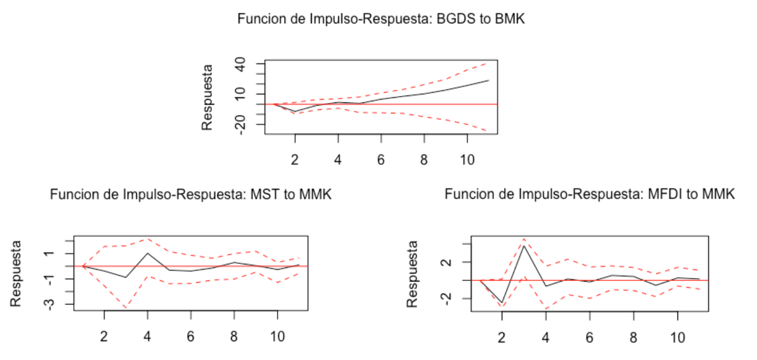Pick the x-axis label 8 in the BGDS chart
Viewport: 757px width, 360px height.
point(424,159)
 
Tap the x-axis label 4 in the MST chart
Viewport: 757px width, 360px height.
point(148,335)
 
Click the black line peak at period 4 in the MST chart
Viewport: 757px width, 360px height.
point(148,253)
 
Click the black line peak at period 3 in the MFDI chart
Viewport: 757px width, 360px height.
point(524,246)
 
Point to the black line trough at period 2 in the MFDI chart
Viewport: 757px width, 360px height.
point(502,303)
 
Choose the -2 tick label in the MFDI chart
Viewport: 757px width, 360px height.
point(446,298)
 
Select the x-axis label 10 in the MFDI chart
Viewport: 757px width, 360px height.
point(677,337)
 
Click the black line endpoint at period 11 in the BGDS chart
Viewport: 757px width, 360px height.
point(489,80)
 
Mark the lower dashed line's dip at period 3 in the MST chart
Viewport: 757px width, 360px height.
point(126,308)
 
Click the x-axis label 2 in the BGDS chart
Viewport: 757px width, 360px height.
point(295,159)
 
